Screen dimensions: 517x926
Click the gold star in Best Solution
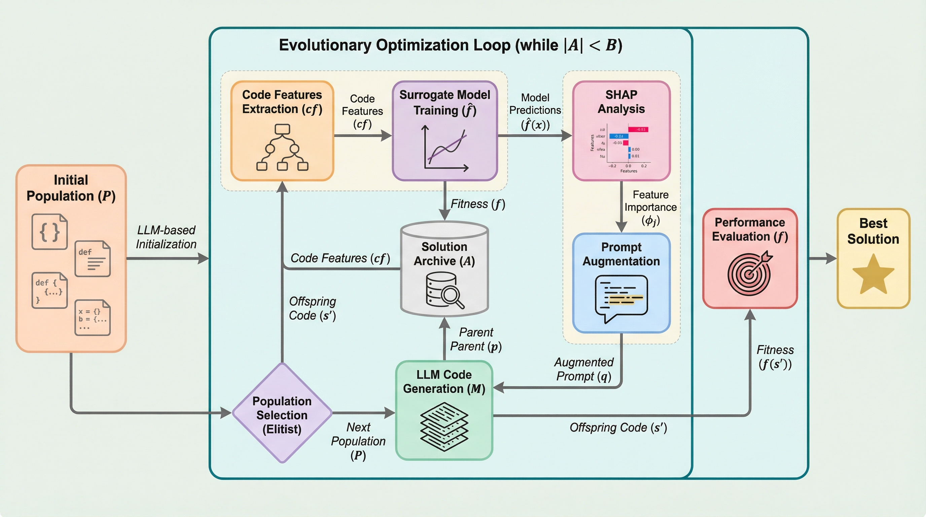pos(873,274)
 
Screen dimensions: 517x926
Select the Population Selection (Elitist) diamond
pos(282,413)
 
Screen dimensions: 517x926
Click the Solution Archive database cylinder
pos(444,269)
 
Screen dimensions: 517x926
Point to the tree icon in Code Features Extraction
pos(282,147)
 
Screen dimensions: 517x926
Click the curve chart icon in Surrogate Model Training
pos(445,148)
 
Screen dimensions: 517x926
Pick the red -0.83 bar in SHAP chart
pos(638,130)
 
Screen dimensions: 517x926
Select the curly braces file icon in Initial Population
pos(49,232)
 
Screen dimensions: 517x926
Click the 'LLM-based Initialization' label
pos(166,237)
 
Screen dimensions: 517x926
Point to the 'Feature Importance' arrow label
pos(650,207)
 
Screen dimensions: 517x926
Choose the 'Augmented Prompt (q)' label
pos(584,369)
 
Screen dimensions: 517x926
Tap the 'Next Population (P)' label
pos(358,441)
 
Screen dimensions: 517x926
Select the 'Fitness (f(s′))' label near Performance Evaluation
pos(775,357)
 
